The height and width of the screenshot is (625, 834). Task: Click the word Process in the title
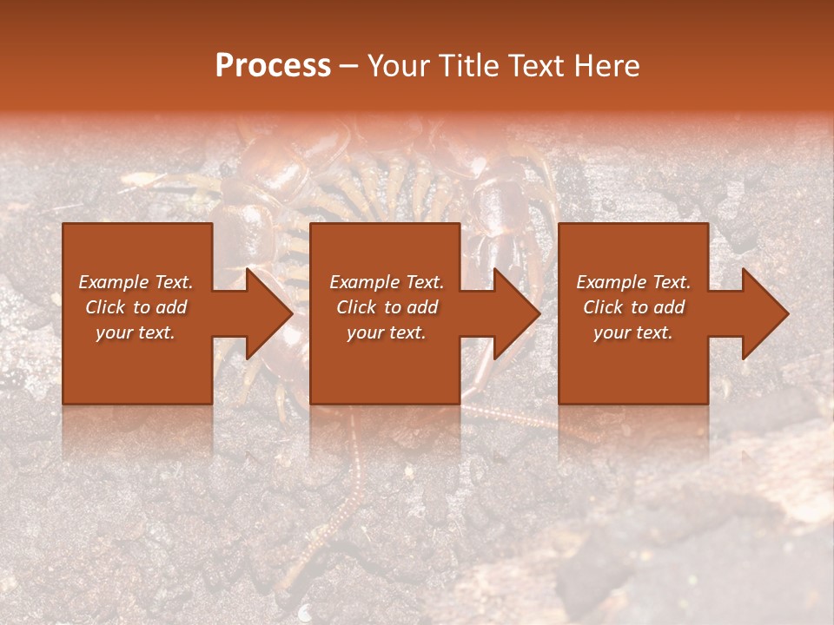pyautogui.click(x=273, y=66)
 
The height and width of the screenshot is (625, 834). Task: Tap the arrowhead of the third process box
pyautogui.click(x=764, y=313)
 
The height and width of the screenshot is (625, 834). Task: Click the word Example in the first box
pyautogui.click(x=113, y=282)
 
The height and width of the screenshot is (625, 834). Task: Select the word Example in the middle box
pyautogui.click(x=364, y=282)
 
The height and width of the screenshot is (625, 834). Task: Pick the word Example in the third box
pyautogui.click(x=611, y=282)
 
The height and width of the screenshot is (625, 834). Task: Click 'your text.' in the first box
pyautogui.click(x=136, y=332)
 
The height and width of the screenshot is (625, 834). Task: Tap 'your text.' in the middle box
pyautogui.click(x=387, y=332)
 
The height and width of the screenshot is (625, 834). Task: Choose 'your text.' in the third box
pyautogui.click(x=633, y=332)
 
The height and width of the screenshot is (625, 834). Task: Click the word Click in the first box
pyautogui.click(x=105, y=307)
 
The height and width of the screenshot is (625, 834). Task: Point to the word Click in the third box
pyautogui.click(x=603, y=307)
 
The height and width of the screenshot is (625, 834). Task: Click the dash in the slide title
pyautogui.click(x=348, y=66)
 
